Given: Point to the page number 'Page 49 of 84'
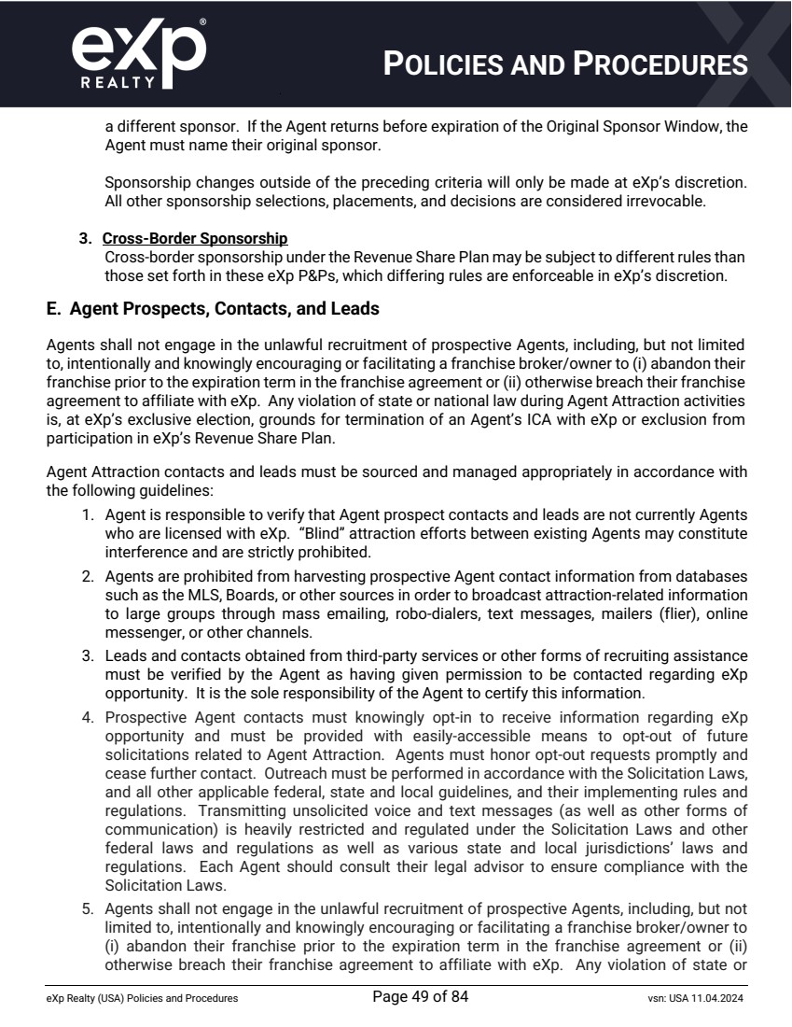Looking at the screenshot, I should click(x=420, y=997).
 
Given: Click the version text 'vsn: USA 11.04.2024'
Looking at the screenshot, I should click(x=688, y=999).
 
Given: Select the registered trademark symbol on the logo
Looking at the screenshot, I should click(x=202, y=20).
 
